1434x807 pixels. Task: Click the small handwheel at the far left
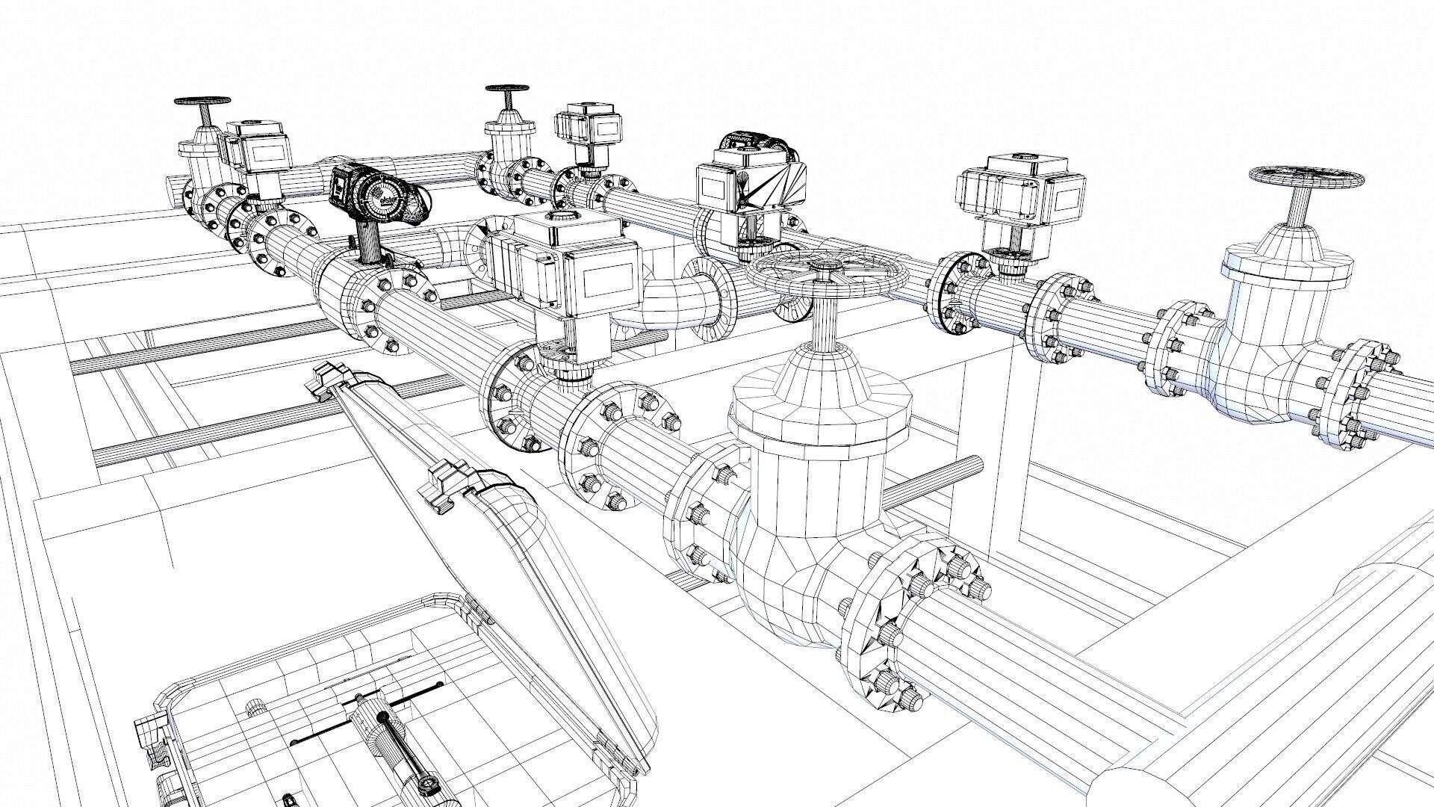[x=202, y=102]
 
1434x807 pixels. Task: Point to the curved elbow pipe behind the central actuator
[x=672, y=299]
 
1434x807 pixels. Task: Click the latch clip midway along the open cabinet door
[x=452, y=486]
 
